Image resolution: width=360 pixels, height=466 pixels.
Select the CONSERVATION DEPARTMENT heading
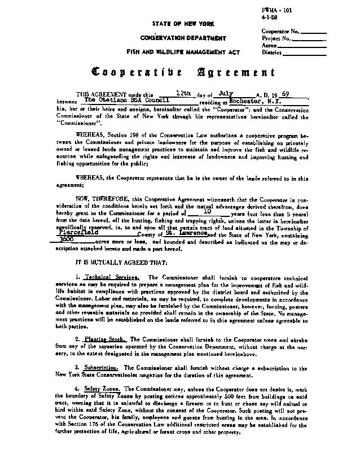pyautogui.click(x=175, y=38)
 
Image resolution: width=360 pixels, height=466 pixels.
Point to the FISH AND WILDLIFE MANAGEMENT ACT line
pyautogui.click(x=175, y=52)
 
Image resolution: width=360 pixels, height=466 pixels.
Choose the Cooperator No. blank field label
pyautogui.click(x=280, y=31)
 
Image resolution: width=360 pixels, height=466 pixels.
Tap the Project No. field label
pyautogui.click(x=276, y=38)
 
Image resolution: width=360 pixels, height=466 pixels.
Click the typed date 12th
pyautogui.click(x=184, y=91)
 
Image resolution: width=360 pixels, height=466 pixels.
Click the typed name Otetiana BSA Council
pyautogui.click(x=118, y=98)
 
